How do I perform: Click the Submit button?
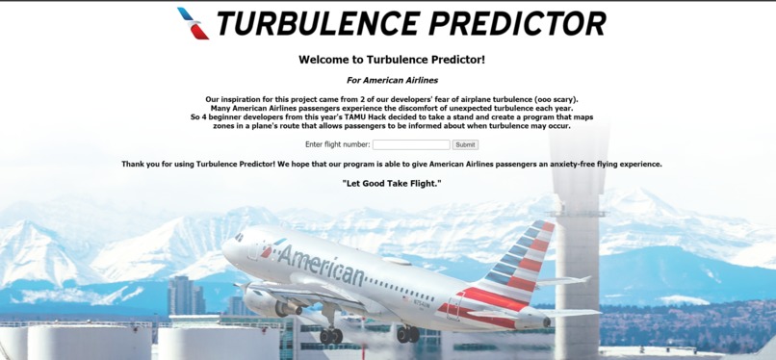click(465, 144)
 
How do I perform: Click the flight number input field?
click(411, 144)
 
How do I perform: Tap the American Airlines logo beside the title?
click(194, 23)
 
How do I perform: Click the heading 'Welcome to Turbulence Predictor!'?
click(392, 60)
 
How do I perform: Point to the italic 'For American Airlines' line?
click(392, 80)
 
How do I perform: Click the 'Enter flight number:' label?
click(337, 144)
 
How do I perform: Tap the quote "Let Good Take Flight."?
click(392, 183)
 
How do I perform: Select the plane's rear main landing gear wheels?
click(408, 334)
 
